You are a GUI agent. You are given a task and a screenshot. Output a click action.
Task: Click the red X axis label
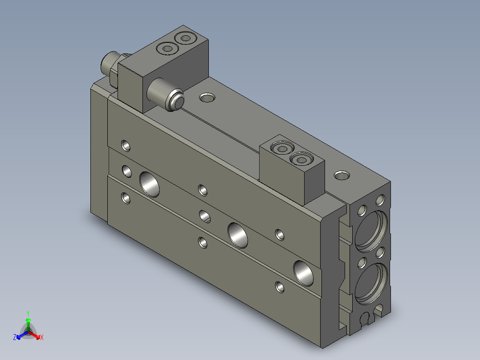42,337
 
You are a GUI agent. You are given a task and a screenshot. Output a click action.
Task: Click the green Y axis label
28,313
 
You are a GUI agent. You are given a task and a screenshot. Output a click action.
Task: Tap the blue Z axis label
14,337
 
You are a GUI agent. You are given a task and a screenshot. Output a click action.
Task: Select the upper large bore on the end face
371,231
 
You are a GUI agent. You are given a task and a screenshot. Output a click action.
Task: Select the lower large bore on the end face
371,284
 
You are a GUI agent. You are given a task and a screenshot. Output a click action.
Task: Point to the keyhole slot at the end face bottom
365,318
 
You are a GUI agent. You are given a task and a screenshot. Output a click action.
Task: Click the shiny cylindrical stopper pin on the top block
166,94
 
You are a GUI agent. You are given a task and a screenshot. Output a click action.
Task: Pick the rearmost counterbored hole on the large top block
186,38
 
